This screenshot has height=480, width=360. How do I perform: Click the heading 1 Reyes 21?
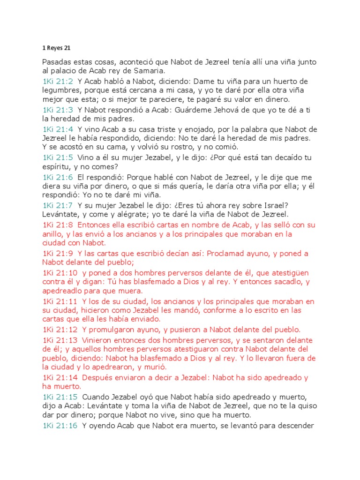tap(57, 47)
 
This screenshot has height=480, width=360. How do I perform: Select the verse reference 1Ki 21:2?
tap(58, 82)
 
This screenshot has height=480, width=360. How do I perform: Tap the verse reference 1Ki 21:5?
tap(58, 157)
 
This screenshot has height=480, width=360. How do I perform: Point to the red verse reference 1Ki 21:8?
tap(58, 225)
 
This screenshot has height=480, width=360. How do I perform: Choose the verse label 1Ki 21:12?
tap(60, 330)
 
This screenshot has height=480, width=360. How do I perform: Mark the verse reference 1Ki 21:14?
tap(60, 378)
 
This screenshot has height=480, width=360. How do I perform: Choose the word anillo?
tap(52, 234)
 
